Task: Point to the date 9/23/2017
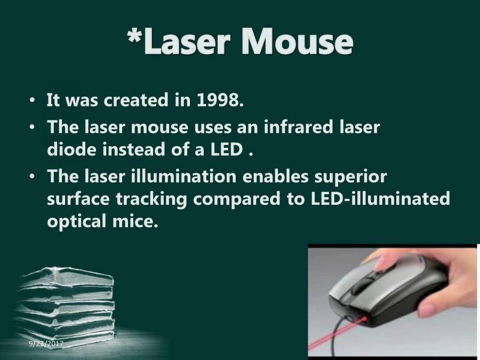click(46, 344)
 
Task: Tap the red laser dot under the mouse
click(366, 321)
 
